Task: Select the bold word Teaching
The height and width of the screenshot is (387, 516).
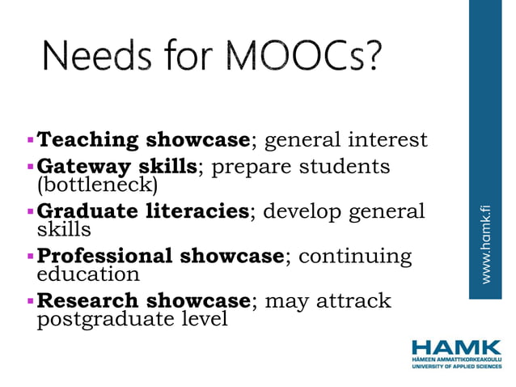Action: pos(88,140)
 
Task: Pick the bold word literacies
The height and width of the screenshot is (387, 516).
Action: pos(199,212)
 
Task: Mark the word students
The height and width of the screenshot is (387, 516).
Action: pos(345,168)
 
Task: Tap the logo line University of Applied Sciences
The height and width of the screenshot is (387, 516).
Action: pos(456,366)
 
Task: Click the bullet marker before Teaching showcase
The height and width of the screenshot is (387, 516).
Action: pos(31,140)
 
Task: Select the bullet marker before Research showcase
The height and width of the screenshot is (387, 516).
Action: pos(31,301)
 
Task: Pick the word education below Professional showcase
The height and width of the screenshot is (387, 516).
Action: pos(89,274)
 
